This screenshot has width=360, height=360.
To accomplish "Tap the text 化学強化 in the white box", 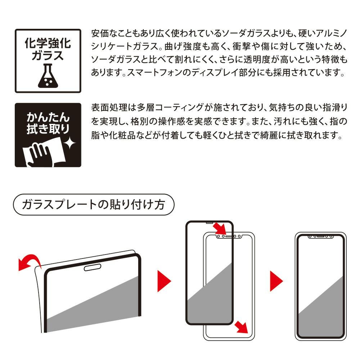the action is coord(48,43).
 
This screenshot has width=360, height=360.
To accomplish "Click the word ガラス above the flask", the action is coord(48,55).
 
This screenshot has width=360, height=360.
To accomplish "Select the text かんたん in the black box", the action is coord(48,117).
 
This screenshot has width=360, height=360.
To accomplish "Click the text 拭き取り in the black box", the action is coord(48,129).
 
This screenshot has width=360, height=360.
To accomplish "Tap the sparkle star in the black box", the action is coord(69,144).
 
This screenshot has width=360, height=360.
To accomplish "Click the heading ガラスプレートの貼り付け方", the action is coord(94,204).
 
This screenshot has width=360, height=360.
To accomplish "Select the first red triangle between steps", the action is coord(164,281).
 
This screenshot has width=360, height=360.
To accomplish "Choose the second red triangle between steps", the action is coord(276,281).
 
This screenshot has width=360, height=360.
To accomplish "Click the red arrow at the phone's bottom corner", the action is coord(241,327).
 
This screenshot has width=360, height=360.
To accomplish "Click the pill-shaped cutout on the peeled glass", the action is coord(93,267).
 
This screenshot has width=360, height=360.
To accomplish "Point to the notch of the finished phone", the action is coord(321,236).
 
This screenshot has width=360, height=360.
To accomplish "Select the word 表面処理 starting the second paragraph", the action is coord(109,107).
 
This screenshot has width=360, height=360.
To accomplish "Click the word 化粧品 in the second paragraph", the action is coord(122,135).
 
